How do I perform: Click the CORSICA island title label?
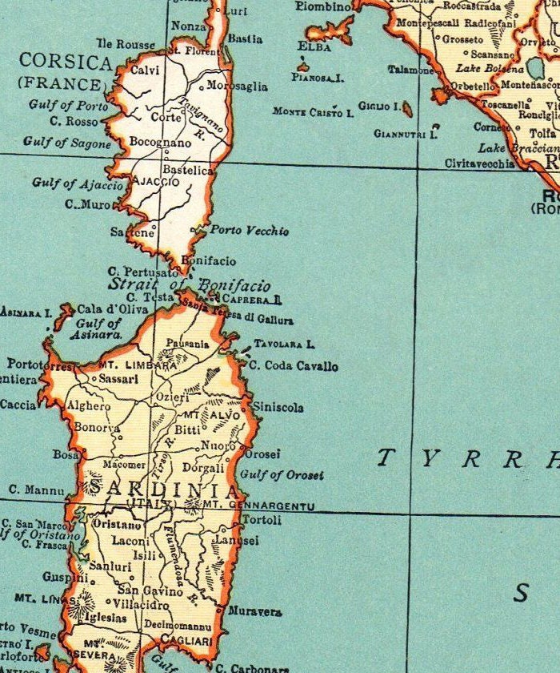click(x=66, y=61)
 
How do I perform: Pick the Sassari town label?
click(x=118, y=377)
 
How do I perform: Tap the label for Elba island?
click(x=314, y=46)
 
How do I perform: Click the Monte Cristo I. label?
click(x=313, y=113)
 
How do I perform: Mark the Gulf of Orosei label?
click(x=282, y=475)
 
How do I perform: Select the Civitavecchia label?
click(x=480, y=163)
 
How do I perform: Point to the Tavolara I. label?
click(x=284, y=345)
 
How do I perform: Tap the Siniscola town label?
click(x=278, y=408)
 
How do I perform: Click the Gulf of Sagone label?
click(x=67, y=143)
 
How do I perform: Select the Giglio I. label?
click(x=379, y=105)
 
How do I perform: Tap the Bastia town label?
click(x=245, y=38)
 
